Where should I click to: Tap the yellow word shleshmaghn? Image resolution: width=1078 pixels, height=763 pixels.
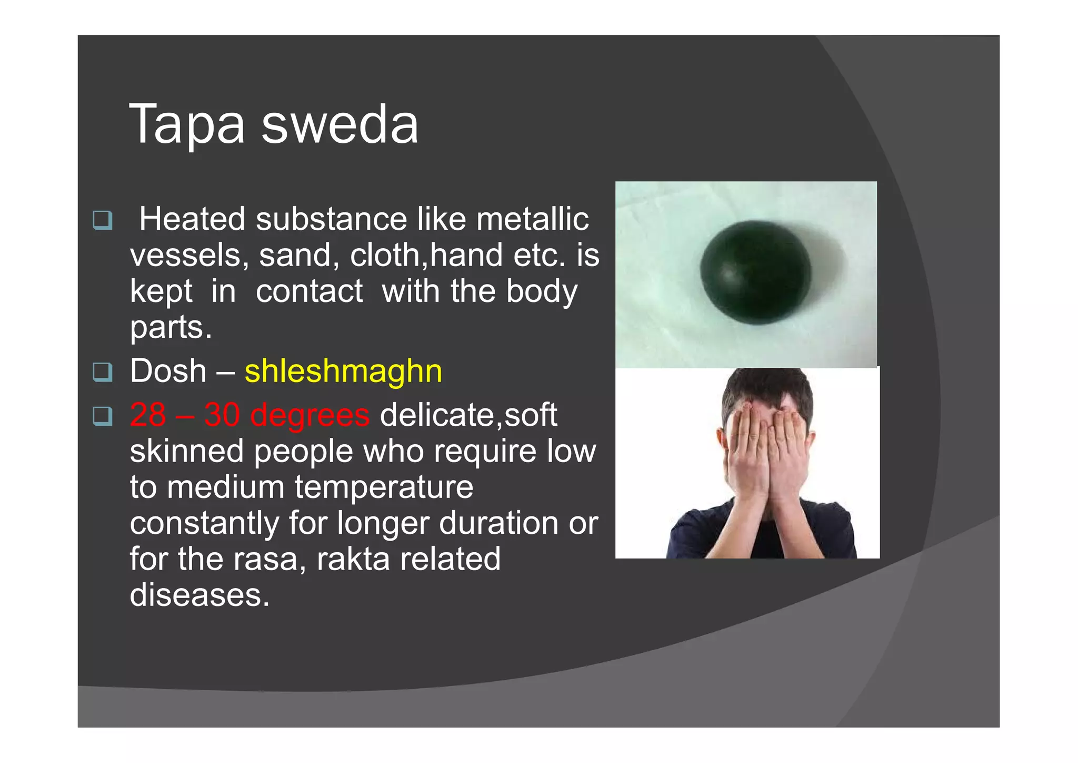coord(343,371)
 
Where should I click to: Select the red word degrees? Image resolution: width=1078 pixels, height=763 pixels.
coord(310,415)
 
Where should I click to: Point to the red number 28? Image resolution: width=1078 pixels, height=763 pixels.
coord(148,415)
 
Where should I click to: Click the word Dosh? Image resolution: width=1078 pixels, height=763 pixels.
coord(168,371)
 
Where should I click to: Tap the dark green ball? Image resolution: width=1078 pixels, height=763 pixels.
coord(756,272)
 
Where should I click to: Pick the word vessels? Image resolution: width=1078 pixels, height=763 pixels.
coord(185,256)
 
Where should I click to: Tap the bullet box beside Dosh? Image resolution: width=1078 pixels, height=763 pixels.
coord(103,372)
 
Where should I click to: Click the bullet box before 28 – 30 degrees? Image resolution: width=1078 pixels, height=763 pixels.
coord(103,416)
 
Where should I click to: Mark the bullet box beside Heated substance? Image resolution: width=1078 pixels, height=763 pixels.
coord(103,220)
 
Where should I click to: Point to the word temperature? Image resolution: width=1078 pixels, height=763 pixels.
coord(384,487)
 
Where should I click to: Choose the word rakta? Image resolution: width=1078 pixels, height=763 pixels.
coord(353,559)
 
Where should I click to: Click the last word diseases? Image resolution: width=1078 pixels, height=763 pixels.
coord(199,595)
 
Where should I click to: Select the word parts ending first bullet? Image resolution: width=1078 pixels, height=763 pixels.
coord(171,328)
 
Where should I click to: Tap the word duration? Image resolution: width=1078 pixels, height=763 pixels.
coord(498,523)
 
